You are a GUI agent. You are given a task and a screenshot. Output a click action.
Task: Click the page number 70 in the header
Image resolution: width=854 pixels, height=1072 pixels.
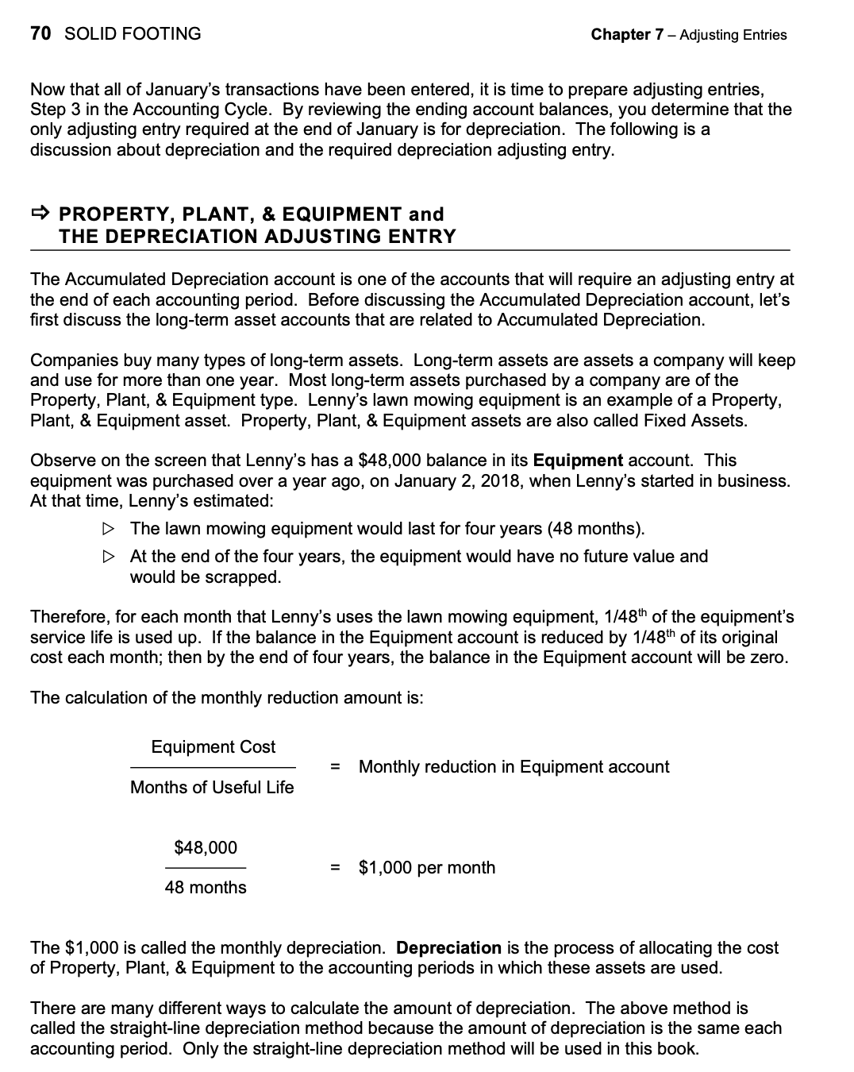(40, 33)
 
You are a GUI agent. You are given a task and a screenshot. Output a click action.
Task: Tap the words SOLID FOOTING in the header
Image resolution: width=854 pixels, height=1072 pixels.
(132, 33)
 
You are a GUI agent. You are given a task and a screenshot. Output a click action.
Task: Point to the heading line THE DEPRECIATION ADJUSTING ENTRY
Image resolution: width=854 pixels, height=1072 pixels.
(257, 237)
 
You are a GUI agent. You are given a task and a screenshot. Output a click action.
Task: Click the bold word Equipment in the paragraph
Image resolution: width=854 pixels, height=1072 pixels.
(578, 461)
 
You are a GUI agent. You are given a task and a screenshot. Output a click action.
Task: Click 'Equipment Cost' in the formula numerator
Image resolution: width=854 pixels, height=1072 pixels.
(213, 747)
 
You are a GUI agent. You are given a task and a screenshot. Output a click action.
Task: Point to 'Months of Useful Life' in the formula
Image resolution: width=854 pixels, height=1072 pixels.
(212, 788)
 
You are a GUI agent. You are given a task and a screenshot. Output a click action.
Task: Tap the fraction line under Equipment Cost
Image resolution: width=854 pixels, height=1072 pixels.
(213, 768)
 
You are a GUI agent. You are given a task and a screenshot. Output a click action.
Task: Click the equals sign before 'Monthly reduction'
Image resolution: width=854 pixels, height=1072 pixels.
(335, 767)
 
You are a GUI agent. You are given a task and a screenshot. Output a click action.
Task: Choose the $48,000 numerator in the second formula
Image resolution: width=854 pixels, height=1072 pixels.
(206, 848)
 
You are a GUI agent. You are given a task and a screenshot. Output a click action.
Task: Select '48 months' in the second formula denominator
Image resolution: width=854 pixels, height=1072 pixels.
(206, 888)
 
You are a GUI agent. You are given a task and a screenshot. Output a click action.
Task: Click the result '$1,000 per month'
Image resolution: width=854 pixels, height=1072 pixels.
(427, 868)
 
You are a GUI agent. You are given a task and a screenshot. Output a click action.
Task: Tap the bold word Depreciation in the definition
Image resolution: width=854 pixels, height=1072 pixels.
(448, 948)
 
